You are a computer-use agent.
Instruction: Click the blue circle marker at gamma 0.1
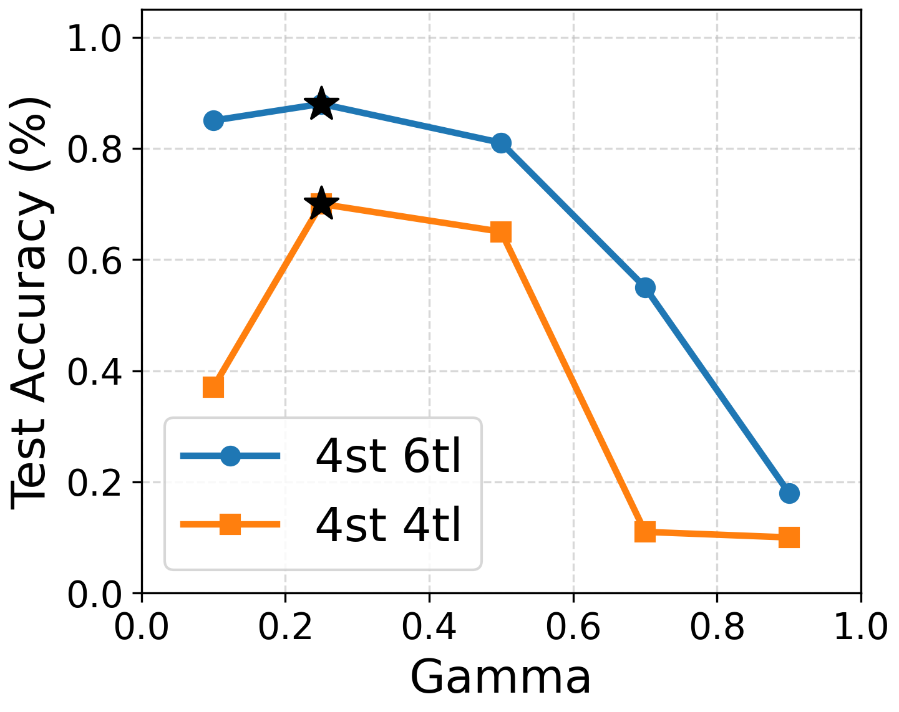pyautogui.click(x=213, y=120)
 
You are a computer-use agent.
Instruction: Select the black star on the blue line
pyautogui.click(x=321, y=104)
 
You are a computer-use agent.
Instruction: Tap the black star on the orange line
pyautogui.click(x=321, y=204)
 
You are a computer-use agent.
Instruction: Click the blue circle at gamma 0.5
pyautogui.click(x=501, y=143)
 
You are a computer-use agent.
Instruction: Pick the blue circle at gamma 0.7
pyautogui.click(x=645, y=288)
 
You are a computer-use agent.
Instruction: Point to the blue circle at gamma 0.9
pyautogui.click(x=789, y=493)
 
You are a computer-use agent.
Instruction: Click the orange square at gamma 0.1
pyautogui.click(x=213, y=387)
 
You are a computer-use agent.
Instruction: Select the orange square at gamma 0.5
pyautogui.click(x=501, y=233)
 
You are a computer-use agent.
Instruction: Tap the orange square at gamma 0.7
pyautogui.click(x=645, y=532)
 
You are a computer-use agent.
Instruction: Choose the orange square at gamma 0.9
pyautogui.click(x=789, y=537)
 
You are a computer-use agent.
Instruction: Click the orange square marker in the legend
pyautogui.click(x=231, y=524)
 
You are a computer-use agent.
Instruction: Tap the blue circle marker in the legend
pyautogui.click(x=231, y=456)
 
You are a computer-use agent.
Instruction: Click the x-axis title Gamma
pyautogui.click(x=500, y=678)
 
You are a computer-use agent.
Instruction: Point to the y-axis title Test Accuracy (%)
pyautogui.click(x=30, y=302)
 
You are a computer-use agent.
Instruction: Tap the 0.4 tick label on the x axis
pyautogui.click(x=429, y=627)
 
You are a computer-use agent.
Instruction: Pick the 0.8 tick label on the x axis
pyautogui.click(x=717, y=627)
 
